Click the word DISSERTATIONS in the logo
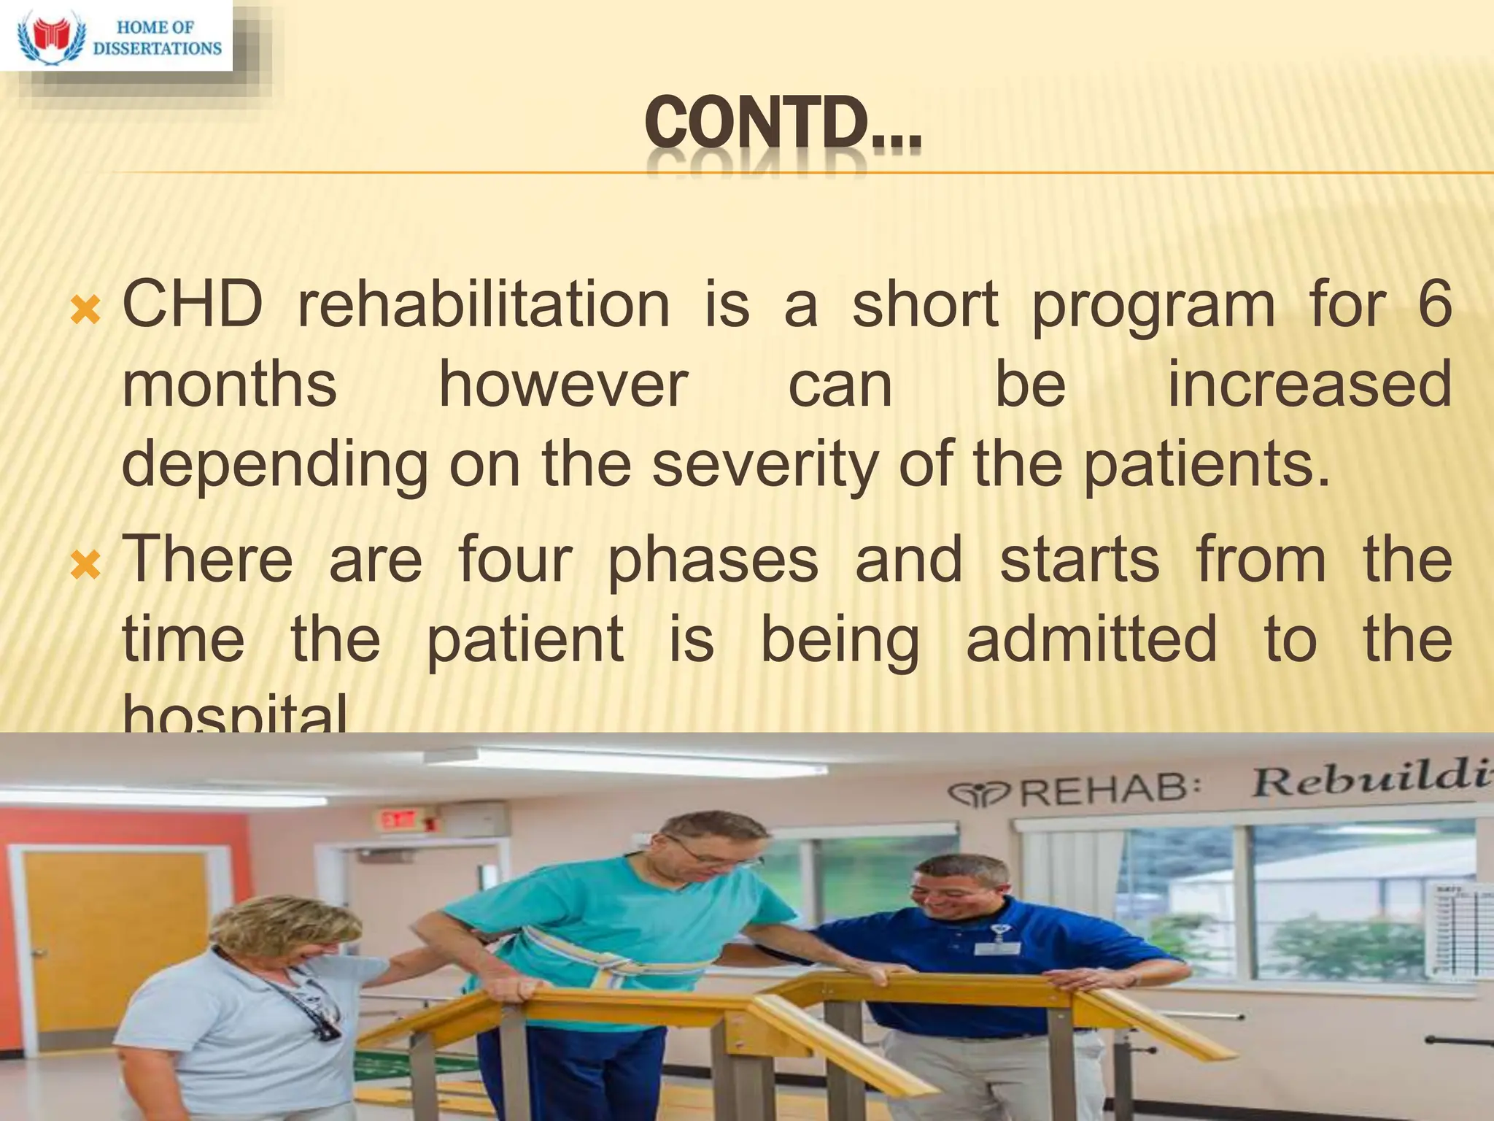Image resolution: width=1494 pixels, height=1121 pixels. click(x=158, y=49)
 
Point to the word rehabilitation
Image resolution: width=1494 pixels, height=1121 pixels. click(x=484, y=305)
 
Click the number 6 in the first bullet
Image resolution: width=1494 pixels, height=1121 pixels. click(x=1434, y=305)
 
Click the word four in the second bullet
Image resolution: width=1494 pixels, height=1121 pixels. click(x=515, y=560)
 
